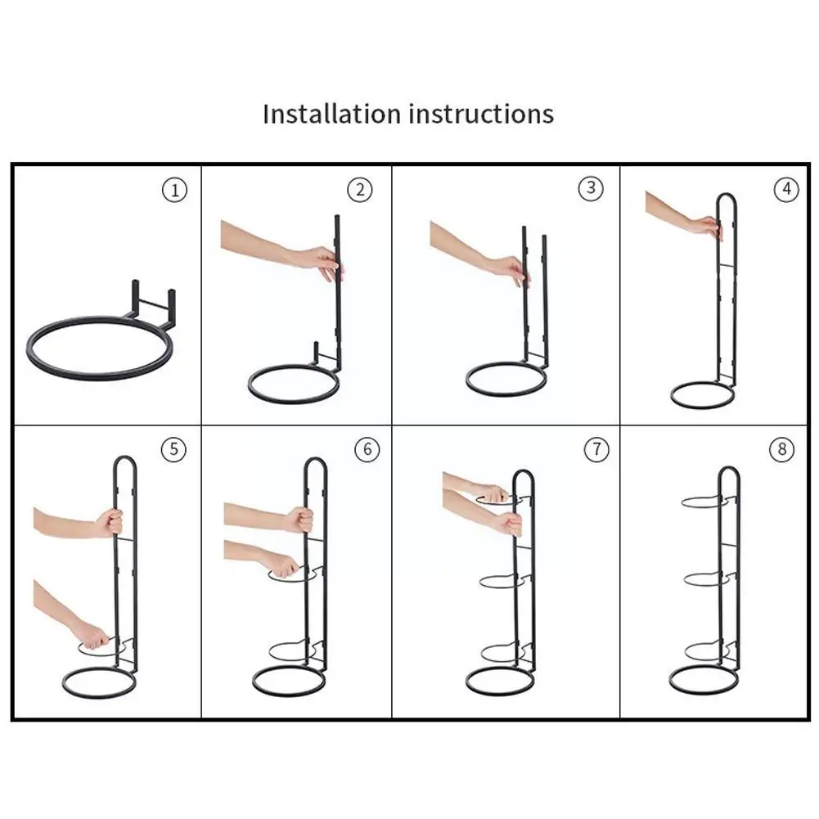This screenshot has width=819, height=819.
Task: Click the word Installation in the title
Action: pyautogui.click(x=331, y=114)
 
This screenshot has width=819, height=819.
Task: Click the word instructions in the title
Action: pyautogui.click(x=481, y=114)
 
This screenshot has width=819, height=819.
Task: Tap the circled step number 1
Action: pyautogui.click(x=174, y=190)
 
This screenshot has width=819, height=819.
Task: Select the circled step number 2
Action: pyautogui.click(x=360, y=190)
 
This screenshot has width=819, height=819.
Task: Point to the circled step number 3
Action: pyautogui.click(x=591, y=187)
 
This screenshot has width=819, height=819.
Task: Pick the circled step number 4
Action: pyautogui.click(x=786, y=189)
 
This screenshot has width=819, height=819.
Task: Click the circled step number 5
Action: pyautogui.click(x=174, y=449)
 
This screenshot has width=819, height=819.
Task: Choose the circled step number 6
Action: pyautogui.click(x=367, y=449)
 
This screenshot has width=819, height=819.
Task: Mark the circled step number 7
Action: pyautogui.click(x=596, y=449)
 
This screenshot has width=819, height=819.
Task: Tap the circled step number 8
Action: pyautogui.click(x=782, y=449)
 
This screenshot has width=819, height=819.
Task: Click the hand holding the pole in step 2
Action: pyautogui.click(x=324, y=263)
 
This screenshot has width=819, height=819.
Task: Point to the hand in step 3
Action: pyautogui.click(x=512, y=270)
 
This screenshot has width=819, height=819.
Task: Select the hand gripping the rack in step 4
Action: pyautogui.click(x=708, y=227)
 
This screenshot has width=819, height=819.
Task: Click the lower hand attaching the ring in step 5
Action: pyautogui.click(x=95, y=637)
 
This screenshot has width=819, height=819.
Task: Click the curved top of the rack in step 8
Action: pyautogui.click(x=729, y=475)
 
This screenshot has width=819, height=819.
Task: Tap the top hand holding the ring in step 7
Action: pyautogui.click(x=491, y=493)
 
